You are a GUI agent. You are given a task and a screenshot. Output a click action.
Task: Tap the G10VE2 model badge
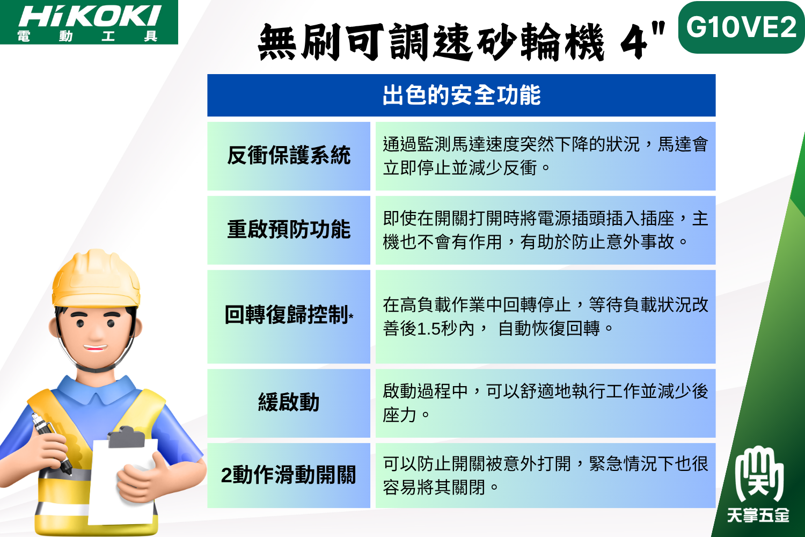pos(741,28)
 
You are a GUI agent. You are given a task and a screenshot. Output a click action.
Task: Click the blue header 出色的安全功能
pos(462,95)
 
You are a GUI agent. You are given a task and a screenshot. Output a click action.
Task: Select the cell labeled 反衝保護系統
pos(289,156)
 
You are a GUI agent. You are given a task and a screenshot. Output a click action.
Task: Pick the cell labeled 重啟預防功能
pos(289,230)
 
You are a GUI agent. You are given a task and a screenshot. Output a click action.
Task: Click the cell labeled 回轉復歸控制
pos(289,316)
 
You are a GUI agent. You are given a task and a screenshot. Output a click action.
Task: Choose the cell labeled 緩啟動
pos(289,403)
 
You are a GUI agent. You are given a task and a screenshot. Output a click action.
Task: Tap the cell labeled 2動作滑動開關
pos(289,475)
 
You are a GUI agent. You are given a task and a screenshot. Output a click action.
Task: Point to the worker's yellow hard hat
pos(96,279)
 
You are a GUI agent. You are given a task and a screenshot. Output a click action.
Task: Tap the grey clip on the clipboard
pos(126,437)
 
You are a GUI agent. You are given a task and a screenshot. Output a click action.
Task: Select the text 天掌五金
pos(758,516)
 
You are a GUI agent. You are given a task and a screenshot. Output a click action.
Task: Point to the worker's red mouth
pos(95,348)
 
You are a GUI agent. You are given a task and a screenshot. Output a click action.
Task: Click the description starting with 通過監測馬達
pos(545,156)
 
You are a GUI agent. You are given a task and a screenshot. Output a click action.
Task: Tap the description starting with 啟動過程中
pos(545,403)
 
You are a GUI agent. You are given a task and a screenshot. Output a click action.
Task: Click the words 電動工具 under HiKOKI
pos(87,37)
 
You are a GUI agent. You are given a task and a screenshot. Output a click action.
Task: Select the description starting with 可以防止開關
pos(545,475)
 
